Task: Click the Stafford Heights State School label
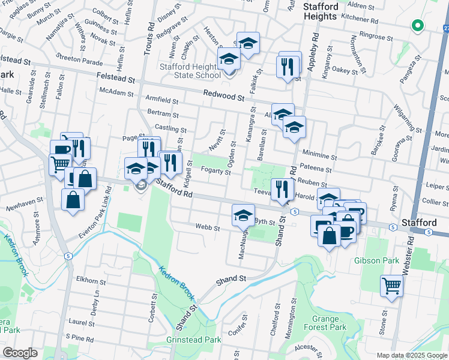(190, 71)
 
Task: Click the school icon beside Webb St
(243, 214)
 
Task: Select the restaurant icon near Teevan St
(281, 189)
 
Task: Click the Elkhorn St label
(91, 280)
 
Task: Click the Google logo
(20, 353)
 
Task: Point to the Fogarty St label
(215, 172)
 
